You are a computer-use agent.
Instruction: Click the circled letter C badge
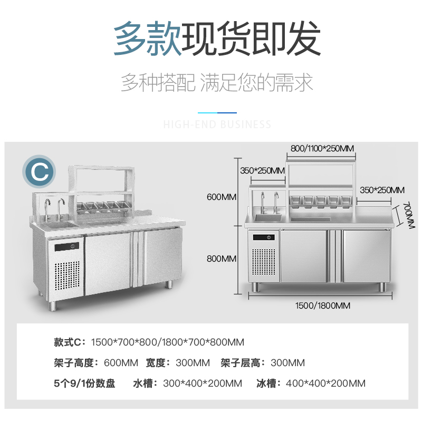38,171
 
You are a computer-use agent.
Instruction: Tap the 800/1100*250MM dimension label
322,148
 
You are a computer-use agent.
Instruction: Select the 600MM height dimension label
222,197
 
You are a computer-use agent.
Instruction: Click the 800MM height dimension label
222,259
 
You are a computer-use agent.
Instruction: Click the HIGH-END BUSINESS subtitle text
217,125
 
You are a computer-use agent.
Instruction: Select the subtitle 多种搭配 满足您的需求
217,83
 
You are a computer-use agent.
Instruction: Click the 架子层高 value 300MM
287,363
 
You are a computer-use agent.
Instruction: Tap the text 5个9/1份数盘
84,383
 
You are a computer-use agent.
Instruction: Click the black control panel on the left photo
68,246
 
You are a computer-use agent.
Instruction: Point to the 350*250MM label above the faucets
262,170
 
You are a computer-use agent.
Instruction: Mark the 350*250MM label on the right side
382,190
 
